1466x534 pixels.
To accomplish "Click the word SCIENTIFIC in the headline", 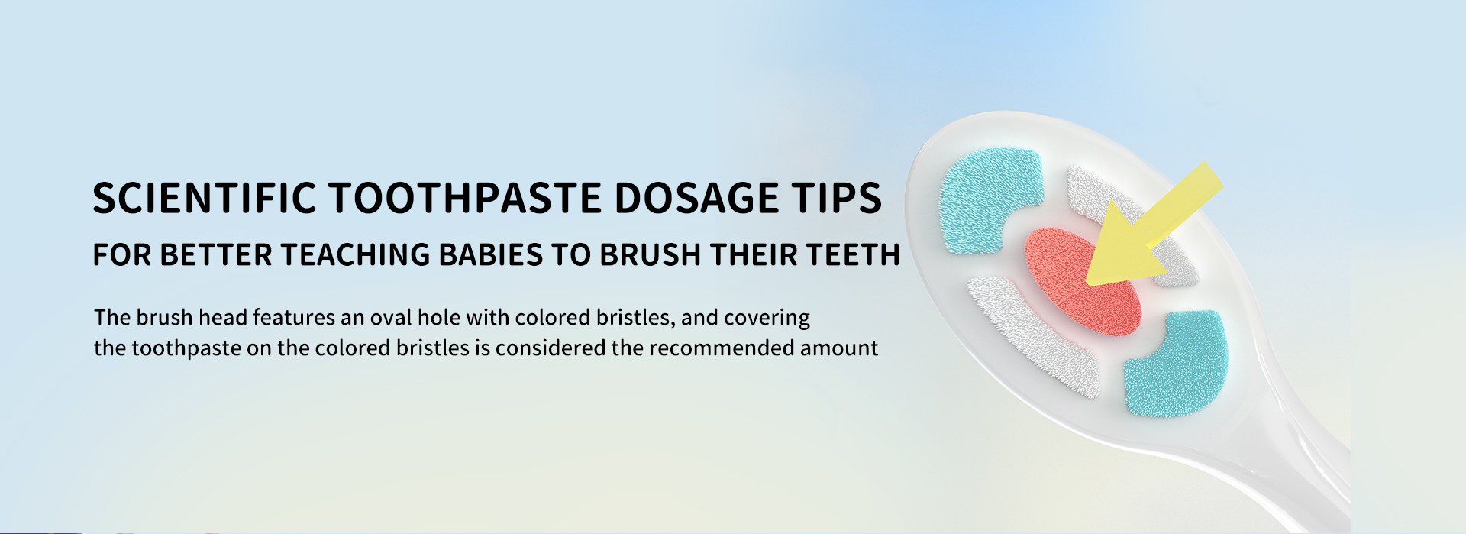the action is tap(205, 198).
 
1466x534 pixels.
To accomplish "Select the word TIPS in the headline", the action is tap(837, 198).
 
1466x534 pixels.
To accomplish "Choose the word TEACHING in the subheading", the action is tap(356, 255).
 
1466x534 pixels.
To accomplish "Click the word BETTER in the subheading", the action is tap(216, 255).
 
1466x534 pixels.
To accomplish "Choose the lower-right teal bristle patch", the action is tap(1177, 363).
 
